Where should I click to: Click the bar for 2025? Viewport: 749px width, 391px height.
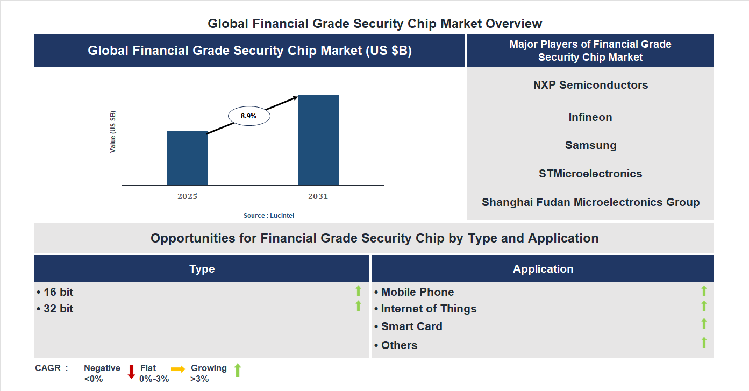(187, 158)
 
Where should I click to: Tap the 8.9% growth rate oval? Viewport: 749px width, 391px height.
(249, 116)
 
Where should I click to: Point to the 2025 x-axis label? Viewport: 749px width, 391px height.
(187, 196)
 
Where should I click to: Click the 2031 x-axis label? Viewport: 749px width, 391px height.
(318, 196)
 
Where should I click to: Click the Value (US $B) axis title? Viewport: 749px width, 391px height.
(113, 132)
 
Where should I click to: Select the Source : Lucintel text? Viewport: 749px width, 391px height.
(269, 216)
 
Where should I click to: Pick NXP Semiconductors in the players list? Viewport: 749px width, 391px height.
(590, 85)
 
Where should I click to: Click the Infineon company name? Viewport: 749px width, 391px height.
(590, 117)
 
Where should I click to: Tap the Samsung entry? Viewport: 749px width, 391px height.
(590, 145)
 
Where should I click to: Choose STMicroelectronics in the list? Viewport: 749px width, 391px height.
(590, 174)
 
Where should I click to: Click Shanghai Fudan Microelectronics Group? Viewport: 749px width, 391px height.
(590, 202)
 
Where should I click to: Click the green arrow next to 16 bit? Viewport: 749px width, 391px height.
(358, 291)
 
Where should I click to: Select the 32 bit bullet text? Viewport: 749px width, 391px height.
(55, 309)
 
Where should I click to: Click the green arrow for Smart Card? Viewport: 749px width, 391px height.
(704, 324)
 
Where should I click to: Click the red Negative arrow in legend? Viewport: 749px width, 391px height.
(131, 372)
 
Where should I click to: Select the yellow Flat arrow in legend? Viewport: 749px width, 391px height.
(178, 369)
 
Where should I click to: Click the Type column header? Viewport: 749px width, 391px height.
(202, 269)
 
